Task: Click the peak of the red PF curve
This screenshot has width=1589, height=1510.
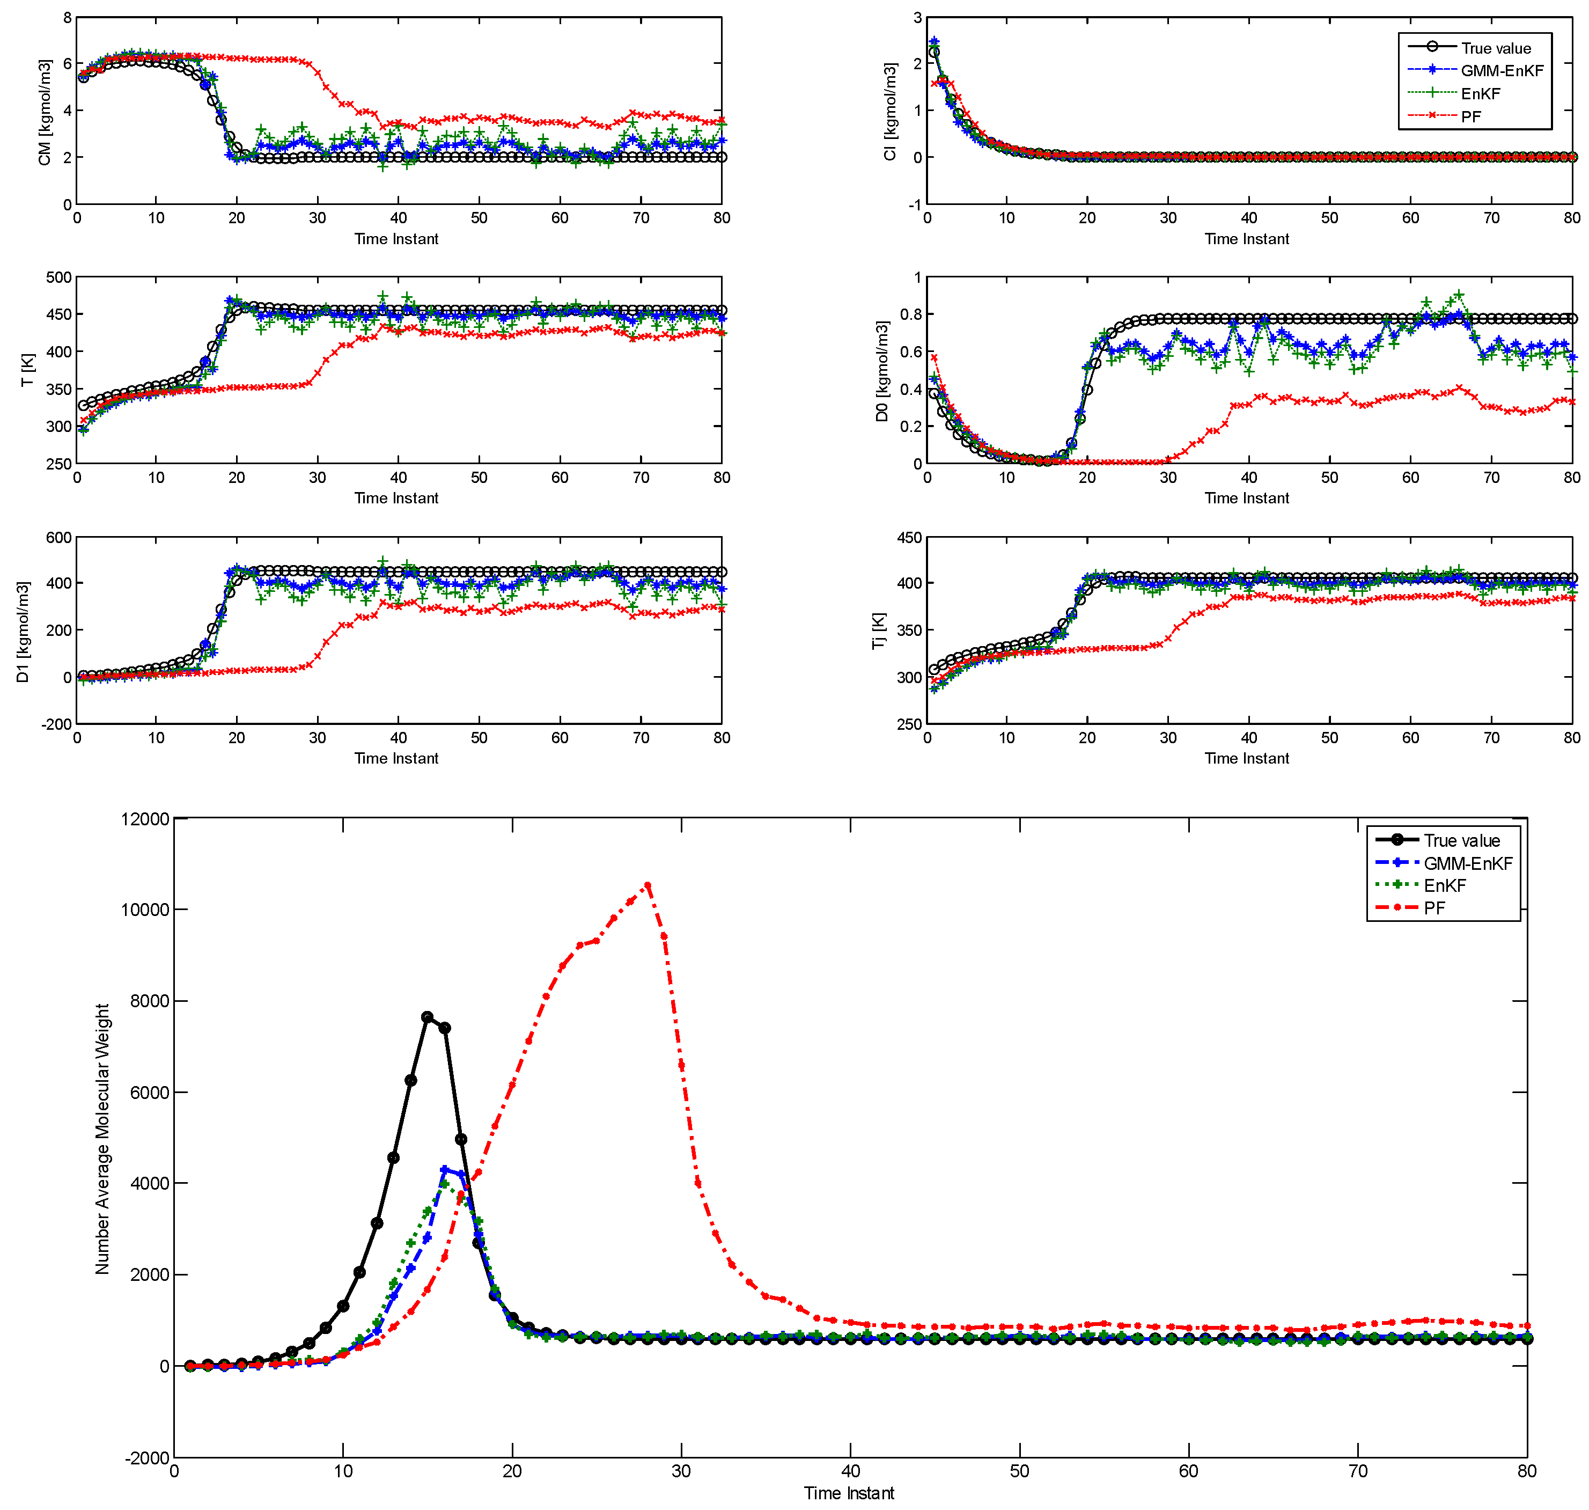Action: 647,885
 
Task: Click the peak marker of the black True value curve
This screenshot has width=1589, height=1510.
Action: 427,1016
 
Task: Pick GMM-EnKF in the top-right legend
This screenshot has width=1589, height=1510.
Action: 1502,71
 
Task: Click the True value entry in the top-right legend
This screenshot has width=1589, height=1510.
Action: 1495,48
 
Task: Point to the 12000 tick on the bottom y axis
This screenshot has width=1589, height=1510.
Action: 145,819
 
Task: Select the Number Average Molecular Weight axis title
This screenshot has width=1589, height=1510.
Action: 102,1139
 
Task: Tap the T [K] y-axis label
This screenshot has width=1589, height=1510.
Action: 27,370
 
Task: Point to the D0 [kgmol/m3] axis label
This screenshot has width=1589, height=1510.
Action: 882,371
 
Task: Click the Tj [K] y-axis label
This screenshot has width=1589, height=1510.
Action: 879,631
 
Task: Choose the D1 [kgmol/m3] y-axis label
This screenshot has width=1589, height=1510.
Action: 23,632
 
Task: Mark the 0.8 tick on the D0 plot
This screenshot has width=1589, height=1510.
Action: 911,314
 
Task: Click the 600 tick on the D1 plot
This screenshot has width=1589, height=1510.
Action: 58,538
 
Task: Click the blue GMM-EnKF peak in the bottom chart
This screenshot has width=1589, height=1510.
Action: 444,1169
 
